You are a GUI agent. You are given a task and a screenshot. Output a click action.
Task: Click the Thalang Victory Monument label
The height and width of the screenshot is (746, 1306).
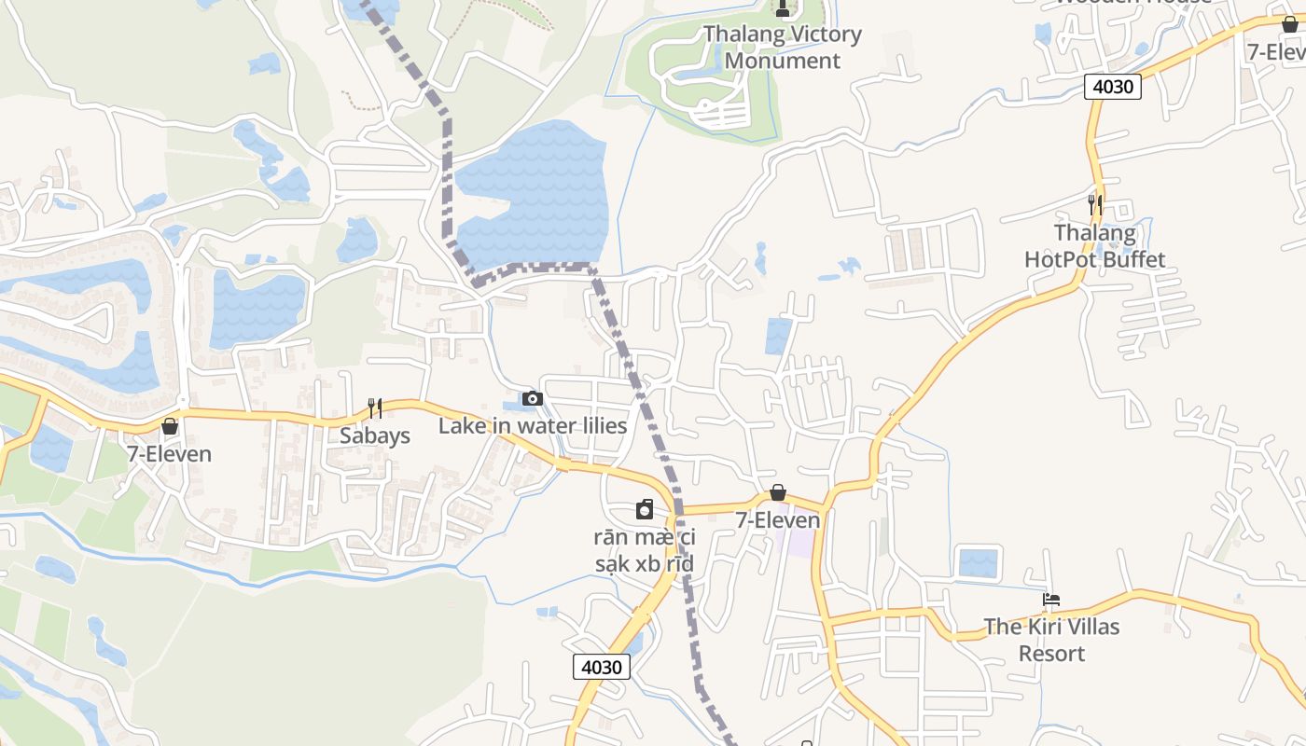(782, 48)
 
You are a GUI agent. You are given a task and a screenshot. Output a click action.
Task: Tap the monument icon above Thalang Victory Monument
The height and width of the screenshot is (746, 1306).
(783, 8)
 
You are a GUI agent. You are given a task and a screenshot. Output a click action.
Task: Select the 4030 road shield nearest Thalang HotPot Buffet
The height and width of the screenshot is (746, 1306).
(1113, 87)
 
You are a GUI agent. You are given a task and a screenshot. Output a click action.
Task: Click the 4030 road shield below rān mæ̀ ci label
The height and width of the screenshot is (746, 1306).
(601, 667)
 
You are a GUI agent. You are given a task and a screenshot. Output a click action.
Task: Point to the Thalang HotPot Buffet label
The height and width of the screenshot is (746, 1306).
(1095, 246)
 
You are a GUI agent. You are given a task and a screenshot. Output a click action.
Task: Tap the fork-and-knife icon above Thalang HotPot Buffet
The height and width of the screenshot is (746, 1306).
(1095, 204)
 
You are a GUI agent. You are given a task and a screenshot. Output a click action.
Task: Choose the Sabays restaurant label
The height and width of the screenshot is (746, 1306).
(374, 435)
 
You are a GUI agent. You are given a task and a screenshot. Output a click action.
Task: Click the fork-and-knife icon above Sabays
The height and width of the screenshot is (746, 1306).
(374, 408)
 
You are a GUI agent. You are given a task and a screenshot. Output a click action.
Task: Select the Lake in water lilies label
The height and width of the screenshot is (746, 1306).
(533, 426)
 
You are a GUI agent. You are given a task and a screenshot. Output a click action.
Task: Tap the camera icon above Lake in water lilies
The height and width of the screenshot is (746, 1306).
(532, 399)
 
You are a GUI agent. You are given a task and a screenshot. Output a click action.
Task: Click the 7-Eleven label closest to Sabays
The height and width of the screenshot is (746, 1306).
(170, 454)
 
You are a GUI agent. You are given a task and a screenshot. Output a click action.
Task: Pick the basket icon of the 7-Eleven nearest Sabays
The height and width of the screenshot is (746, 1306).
(170, 426)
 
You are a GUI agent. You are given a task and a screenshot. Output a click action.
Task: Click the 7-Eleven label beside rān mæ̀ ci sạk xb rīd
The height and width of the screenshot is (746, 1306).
(778, 520)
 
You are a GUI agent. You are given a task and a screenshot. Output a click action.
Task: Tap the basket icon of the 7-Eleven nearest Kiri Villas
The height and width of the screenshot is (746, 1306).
(778, 492)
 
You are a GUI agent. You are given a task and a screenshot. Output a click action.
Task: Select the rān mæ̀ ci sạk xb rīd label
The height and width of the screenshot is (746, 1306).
(645, 550)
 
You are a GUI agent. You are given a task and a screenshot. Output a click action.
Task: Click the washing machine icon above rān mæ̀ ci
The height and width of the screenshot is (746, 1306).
(645, 509)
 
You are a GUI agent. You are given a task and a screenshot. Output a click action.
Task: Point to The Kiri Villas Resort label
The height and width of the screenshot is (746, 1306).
(1051, 640)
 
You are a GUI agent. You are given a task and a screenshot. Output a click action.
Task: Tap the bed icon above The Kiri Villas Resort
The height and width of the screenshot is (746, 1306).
(1051, 600)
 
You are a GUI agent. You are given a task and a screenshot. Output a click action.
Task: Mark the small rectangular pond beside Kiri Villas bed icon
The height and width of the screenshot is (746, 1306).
(978, 563)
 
